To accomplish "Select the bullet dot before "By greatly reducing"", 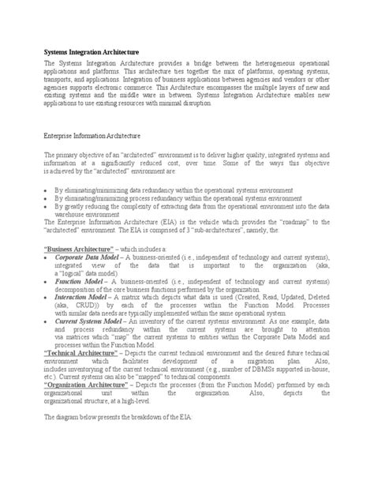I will click(47, 207).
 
